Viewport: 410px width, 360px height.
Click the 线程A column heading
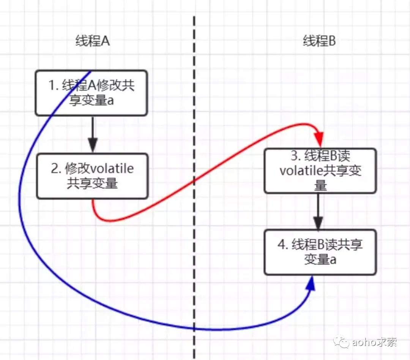(x=93, y=41)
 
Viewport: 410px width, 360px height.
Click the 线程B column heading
(x=319, y=41)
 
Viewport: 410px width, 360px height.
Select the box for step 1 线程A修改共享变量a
(x=91, y=93)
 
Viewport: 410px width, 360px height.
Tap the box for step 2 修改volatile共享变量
(x=92, y=176)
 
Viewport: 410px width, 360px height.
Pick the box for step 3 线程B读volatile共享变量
(x=320, y=171)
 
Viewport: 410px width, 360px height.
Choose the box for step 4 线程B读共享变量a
(x=320, y=252)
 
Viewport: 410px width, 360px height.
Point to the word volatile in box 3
(x=301, y=171)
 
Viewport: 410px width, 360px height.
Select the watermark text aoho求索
(x=374, y=342)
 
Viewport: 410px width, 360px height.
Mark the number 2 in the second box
(x=55, y=169)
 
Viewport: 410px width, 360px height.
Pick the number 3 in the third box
(x=295, y=156)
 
